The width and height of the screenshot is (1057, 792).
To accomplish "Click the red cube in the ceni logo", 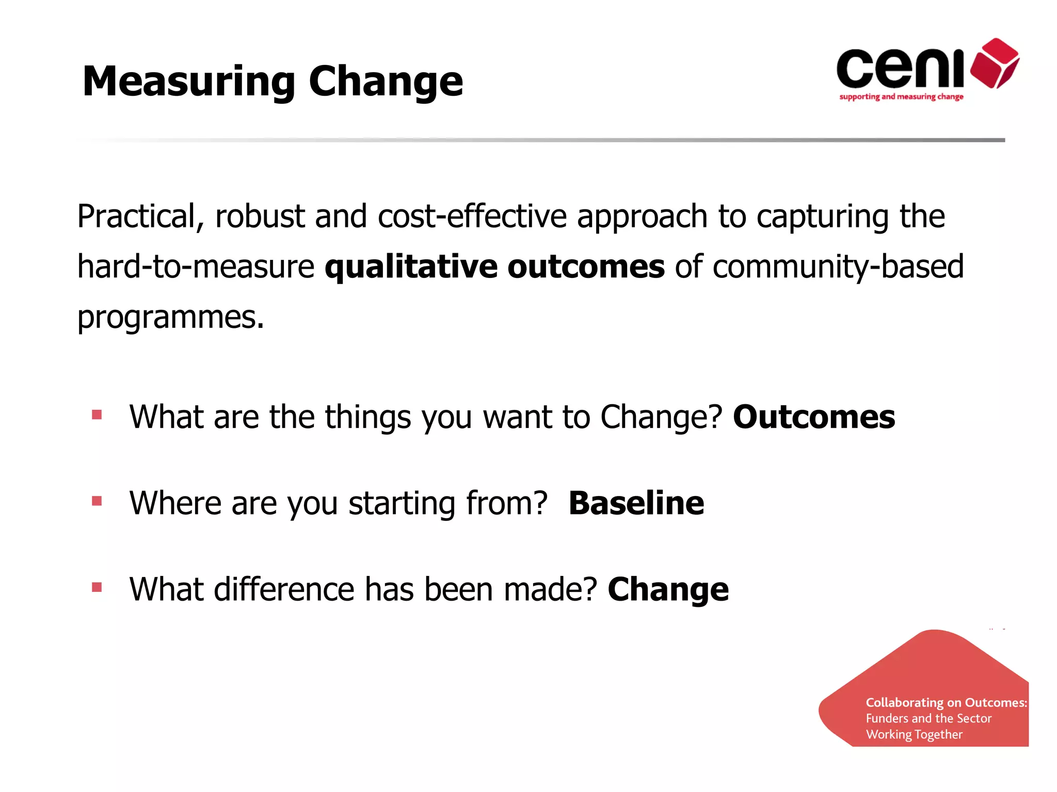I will tap(995, 63).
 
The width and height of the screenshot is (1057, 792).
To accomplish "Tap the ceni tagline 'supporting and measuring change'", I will tap(901, 97).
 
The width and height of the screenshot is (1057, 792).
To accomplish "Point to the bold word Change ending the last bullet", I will tap(668, 589).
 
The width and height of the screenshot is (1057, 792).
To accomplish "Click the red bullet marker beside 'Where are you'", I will tap(97, 501).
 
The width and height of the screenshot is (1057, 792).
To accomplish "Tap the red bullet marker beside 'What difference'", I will tap(97, 587).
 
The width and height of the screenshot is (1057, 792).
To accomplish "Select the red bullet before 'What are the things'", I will tap(97, 415).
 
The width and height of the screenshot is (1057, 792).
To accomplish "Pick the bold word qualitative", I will tap(410, 267).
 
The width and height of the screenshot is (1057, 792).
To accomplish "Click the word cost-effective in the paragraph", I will tap(472, 217).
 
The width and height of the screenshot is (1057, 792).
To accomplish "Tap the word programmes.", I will tap(170, 317).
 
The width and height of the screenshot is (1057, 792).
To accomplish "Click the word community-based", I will tap(838, 267).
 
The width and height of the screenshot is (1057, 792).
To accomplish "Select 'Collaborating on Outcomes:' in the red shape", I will tap(946, 702).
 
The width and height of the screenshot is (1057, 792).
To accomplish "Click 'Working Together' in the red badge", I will tap(914, 734).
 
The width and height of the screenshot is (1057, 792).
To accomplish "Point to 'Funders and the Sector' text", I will tap(928, 718).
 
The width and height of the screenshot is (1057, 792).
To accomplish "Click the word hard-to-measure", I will tap(196, 267).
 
